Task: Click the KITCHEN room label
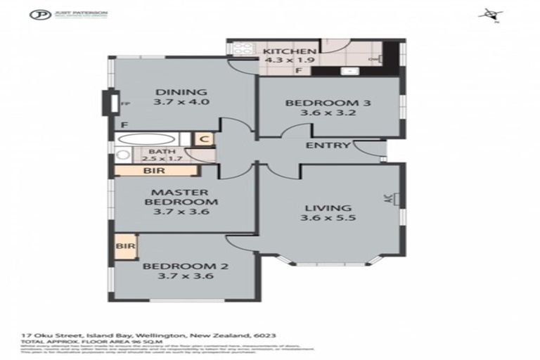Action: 289,51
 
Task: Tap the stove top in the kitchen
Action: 241,51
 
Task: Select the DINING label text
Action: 181,91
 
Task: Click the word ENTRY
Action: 328,146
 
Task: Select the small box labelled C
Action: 203,139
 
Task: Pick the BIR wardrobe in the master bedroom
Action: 150,170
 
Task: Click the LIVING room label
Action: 327,207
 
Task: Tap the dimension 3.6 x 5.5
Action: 327,219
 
